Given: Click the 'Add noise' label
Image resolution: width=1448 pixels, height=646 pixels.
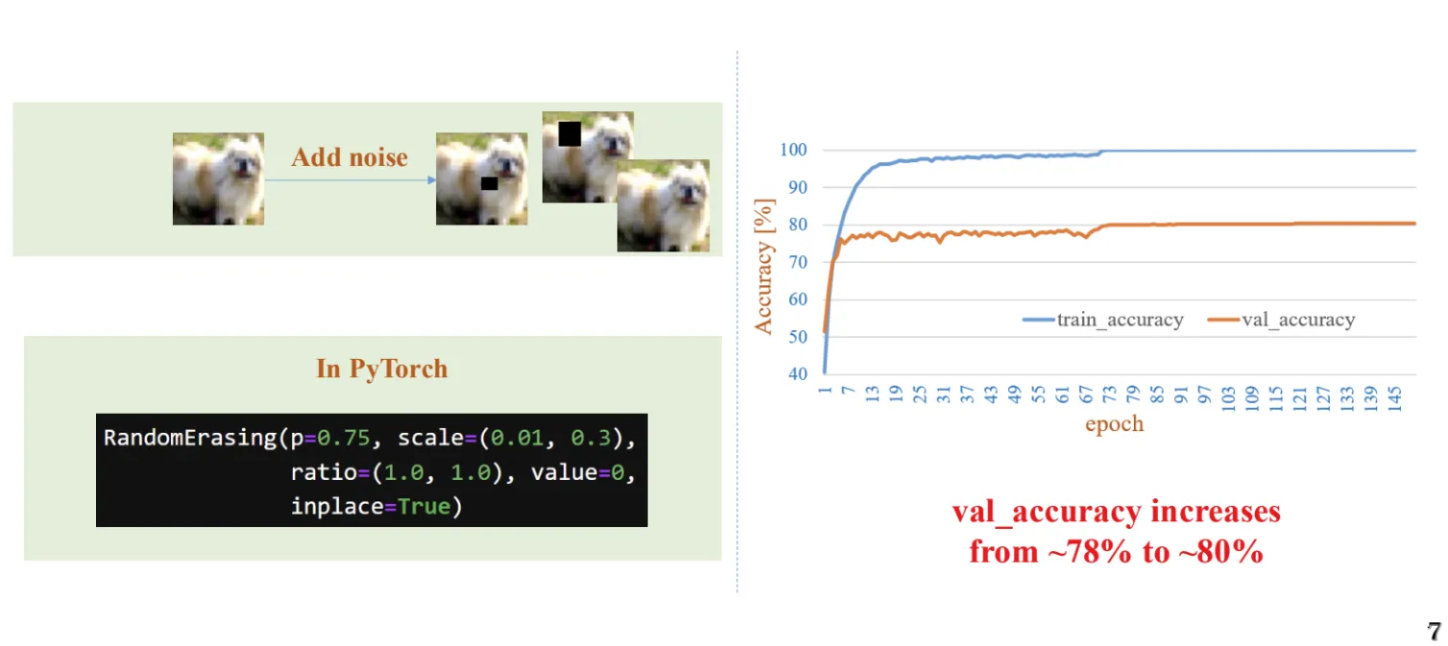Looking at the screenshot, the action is (x=350, y=157).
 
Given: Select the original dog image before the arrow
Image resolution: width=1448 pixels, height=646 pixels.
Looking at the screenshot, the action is (x=219, y=179).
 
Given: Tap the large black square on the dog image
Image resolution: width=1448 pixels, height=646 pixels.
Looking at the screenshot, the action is (x=569, y=133).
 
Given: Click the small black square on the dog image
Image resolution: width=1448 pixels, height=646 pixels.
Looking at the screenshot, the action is (x=490, y=183).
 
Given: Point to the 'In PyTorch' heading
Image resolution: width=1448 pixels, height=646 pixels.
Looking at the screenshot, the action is (x=381, y=369).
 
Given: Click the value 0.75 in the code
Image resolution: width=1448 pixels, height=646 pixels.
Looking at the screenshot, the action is (x=343, y=438).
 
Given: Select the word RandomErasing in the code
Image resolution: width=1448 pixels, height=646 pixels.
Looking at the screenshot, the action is (x=191, y=439).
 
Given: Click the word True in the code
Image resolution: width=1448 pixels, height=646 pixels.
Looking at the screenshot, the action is (x=424, y=507).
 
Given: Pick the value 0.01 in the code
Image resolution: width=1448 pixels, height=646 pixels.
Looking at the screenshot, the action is (x=517, y=438).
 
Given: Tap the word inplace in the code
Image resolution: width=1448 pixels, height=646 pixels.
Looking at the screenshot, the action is (x=337, y=508).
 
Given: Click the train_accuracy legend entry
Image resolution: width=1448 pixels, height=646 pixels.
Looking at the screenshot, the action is (x=1103, y=320).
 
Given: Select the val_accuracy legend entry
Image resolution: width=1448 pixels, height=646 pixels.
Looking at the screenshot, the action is (x=1281, y=320).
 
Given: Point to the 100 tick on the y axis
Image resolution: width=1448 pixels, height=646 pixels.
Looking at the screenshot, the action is (x=793, y=150).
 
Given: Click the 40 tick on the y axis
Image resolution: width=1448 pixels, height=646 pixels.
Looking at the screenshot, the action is (x=798, y=374).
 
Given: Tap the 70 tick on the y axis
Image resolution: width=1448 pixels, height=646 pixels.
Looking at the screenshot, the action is (x=798, y=262).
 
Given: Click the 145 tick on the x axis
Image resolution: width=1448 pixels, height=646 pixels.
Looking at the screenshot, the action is (x=1395, y=398).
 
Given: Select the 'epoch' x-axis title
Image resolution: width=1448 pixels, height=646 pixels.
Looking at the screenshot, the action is (x=1115, y=423).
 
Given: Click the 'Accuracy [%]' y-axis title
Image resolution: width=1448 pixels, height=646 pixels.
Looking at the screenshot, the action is (x=763, y=266).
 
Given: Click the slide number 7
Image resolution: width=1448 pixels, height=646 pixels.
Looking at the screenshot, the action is (x=1435, y=631).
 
